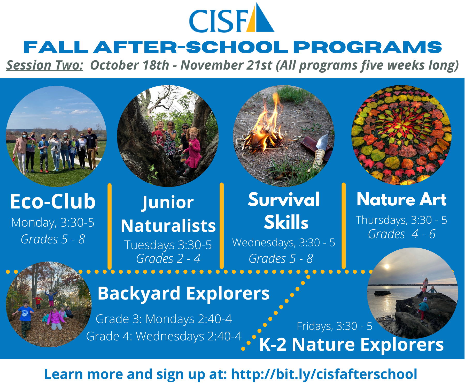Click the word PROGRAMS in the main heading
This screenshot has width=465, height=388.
point(367,47)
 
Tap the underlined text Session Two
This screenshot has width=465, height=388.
point(45,65)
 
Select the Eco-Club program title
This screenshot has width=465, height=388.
point(53,201)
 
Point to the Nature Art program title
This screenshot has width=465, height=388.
point(401,199)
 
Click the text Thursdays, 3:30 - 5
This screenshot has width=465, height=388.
point(401,220)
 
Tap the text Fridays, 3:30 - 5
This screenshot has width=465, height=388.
point(335,326)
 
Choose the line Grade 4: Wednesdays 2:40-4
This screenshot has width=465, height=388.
point(164,336)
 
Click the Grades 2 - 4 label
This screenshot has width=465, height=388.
point(168,258)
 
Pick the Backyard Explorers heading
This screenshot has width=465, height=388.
point(183,294)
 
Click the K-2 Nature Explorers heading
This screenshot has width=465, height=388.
point(351,345)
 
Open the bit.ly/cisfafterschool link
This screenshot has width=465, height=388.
point(324,374)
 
